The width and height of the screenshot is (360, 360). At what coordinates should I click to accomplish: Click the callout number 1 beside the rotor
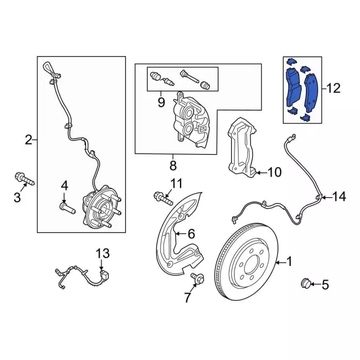tap(290, 262)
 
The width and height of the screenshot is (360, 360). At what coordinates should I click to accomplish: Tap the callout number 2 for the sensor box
tap(29, 139)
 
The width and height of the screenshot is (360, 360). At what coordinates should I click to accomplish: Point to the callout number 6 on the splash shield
tap(191, 233)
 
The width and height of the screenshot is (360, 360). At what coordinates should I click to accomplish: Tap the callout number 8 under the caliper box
tap(173, 165)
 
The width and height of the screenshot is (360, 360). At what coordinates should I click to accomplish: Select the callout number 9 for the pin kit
tap(161, 102)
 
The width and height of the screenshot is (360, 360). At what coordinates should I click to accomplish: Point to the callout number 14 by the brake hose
tap(339, 196)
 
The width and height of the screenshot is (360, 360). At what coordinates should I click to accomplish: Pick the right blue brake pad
tap(310, 93)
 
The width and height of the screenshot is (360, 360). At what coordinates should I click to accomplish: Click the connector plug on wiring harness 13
tap(105, 275)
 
